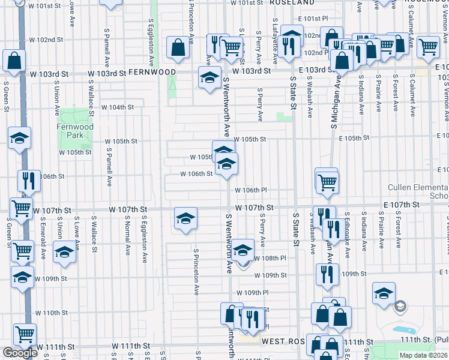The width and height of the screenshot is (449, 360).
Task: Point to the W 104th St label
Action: [x=116, y=107]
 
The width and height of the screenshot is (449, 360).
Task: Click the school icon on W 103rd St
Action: [x=209, y=79]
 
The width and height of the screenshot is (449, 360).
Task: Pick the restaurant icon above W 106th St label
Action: [x=28, y=180]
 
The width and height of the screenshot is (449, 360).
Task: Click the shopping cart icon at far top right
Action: [x=428, y=47]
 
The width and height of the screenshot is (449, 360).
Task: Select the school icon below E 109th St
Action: [x=383, y=293]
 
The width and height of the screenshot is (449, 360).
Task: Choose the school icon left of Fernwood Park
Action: [x=19, y=138]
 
